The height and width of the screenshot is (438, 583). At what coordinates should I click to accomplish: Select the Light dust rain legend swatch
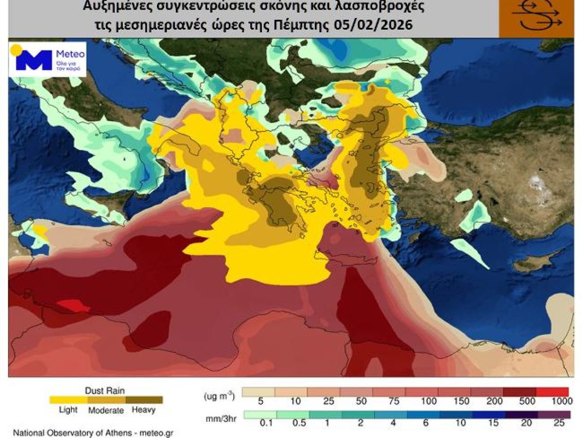click(x=69, y=400)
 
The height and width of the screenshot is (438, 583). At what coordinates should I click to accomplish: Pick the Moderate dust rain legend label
click(x=106, y=410)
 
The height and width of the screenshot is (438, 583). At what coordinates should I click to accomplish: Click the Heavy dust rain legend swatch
click(x=144, y=400)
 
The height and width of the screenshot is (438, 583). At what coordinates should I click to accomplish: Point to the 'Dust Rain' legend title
click(x=105, y=390)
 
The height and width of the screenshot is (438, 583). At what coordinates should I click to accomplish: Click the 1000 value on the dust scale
click(x=560, y=401)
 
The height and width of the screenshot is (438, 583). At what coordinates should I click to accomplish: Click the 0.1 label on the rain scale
click(x=267, y=423)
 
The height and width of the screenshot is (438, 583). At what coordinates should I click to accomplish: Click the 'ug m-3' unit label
click(x=219, y=396)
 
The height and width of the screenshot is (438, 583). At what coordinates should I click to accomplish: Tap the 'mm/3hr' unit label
click(x=220, y=419)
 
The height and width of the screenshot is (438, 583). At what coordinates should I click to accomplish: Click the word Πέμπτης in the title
click(x=306, y=24)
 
